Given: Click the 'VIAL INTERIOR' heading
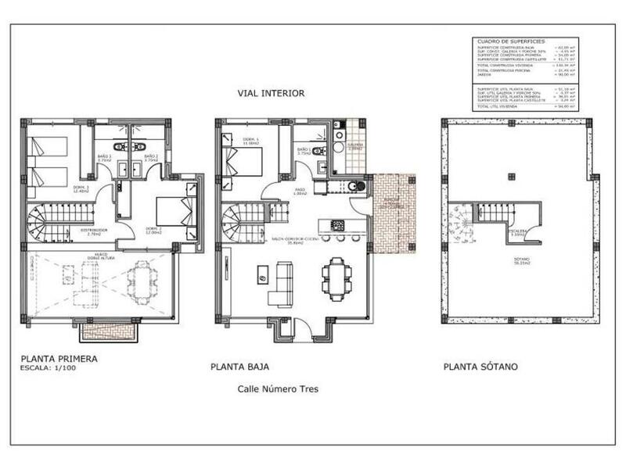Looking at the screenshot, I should click(272, 93).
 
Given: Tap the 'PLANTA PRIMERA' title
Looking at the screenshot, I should click(60, 360).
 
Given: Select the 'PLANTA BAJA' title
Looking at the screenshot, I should click(240, 366).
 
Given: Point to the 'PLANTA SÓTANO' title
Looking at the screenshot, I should click(480, 366).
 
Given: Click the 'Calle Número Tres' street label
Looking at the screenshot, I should click(278, 388).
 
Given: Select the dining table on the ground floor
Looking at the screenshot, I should click(336, 278).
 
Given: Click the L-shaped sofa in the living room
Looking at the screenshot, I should click(279, 285).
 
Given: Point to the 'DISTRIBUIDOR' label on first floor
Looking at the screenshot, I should click(95, 231).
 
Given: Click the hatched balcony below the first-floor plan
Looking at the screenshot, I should click(109, 331).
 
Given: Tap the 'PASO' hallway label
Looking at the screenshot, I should click(300, 192).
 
